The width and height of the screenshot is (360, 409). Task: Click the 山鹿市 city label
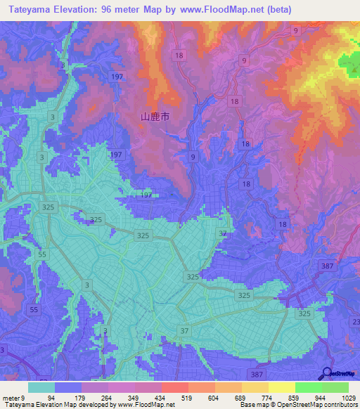(155, 117)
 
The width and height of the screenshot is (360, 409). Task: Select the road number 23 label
(356, 321)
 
